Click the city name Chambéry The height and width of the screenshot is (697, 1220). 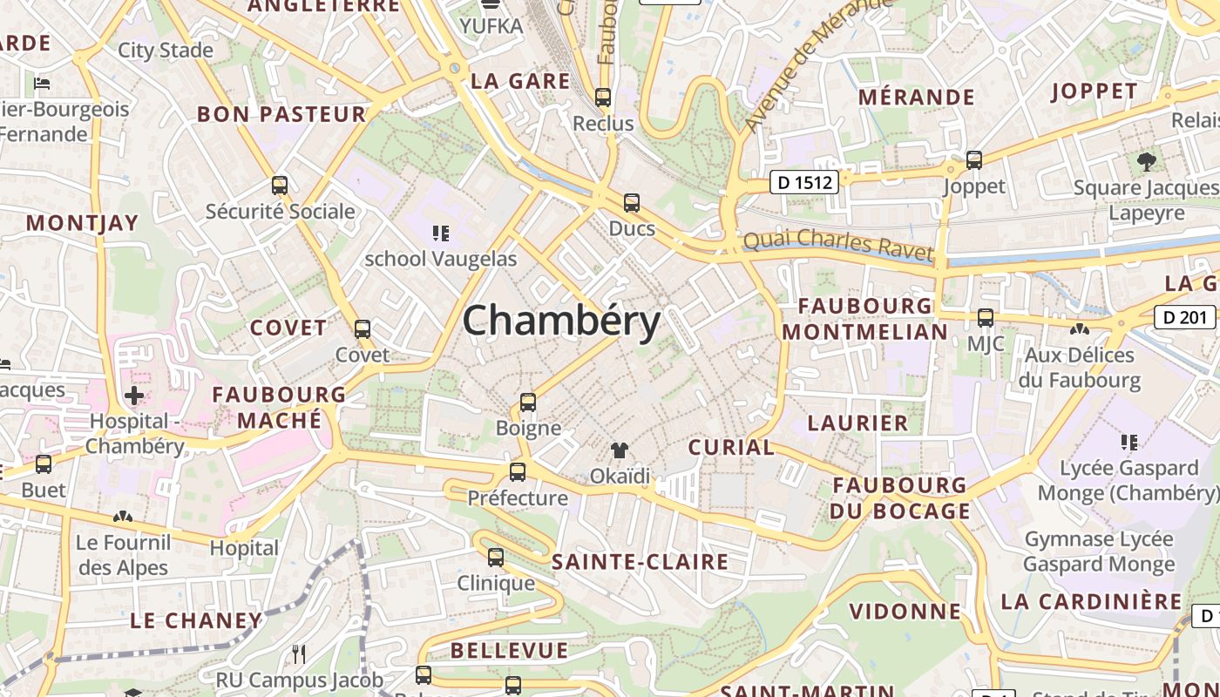coord(561,321)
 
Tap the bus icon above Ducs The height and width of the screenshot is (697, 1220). coord(632,203)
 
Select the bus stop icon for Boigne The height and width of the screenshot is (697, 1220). coord(527,403)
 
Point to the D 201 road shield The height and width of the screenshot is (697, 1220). coord(1185,317)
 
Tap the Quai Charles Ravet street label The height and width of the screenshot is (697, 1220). coord(837,245)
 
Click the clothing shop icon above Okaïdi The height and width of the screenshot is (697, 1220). coord(619,450)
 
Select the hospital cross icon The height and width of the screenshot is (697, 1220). coord(134,396)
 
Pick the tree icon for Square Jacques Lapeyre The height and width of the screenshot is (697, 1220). coord(1147,161)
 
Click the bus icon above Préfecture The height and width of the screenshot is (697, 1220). coord(518,472)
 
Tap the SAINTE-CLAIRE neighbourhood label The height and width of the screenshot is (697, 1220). coord(640,562)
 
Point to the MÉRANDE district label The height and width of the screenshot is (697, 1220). coord(916,97)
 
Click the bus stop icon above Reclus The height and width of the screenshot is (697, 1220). coord(603,98)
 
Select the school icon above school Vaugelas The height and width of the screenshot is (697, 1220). coord(441,233)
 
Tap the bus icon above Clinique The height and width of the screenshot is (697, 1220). coord(496,558)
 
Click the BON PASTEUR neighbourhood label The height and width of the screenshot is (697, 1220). coord(281,114)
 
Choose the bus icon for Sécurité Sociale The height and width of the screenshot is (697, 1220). coord(280,186)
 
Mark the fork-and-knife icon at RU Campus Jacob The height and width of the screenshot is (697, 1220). coord(299,653)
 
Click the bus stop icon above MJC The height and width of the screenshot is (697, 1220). coord(986,318)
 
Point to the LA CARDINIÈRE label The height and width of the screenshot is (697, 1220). coord(1091,601)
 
